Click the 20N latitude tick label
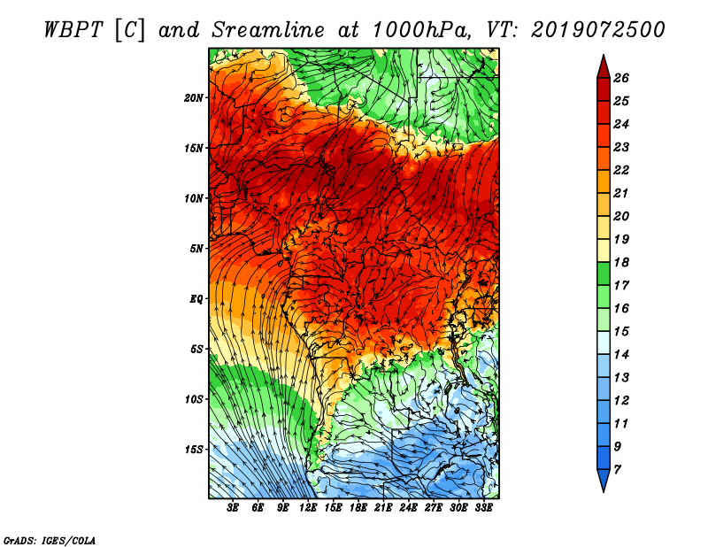point(194,97)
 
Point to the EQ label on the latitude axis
point(196,298)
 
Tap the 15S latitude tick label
point(194,449)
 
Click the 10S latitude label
point(194,399)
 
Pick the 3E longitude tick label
point(234,508)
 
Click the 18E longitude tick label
point(358,508)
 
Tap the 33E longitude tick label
point(483,508)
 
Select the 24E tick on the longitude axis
point(408,508)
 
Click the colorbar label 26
point(633,78)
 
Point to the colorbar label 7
point(629,469)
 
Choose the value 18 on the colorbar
point(633,262)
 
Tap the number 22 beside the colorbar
point(633,170)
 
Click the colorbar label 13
point(633,377)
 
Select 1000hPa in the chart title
point(420,29)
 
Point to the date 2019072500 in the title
point(598,29)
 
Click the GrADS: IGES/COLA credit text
point(49,539)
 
